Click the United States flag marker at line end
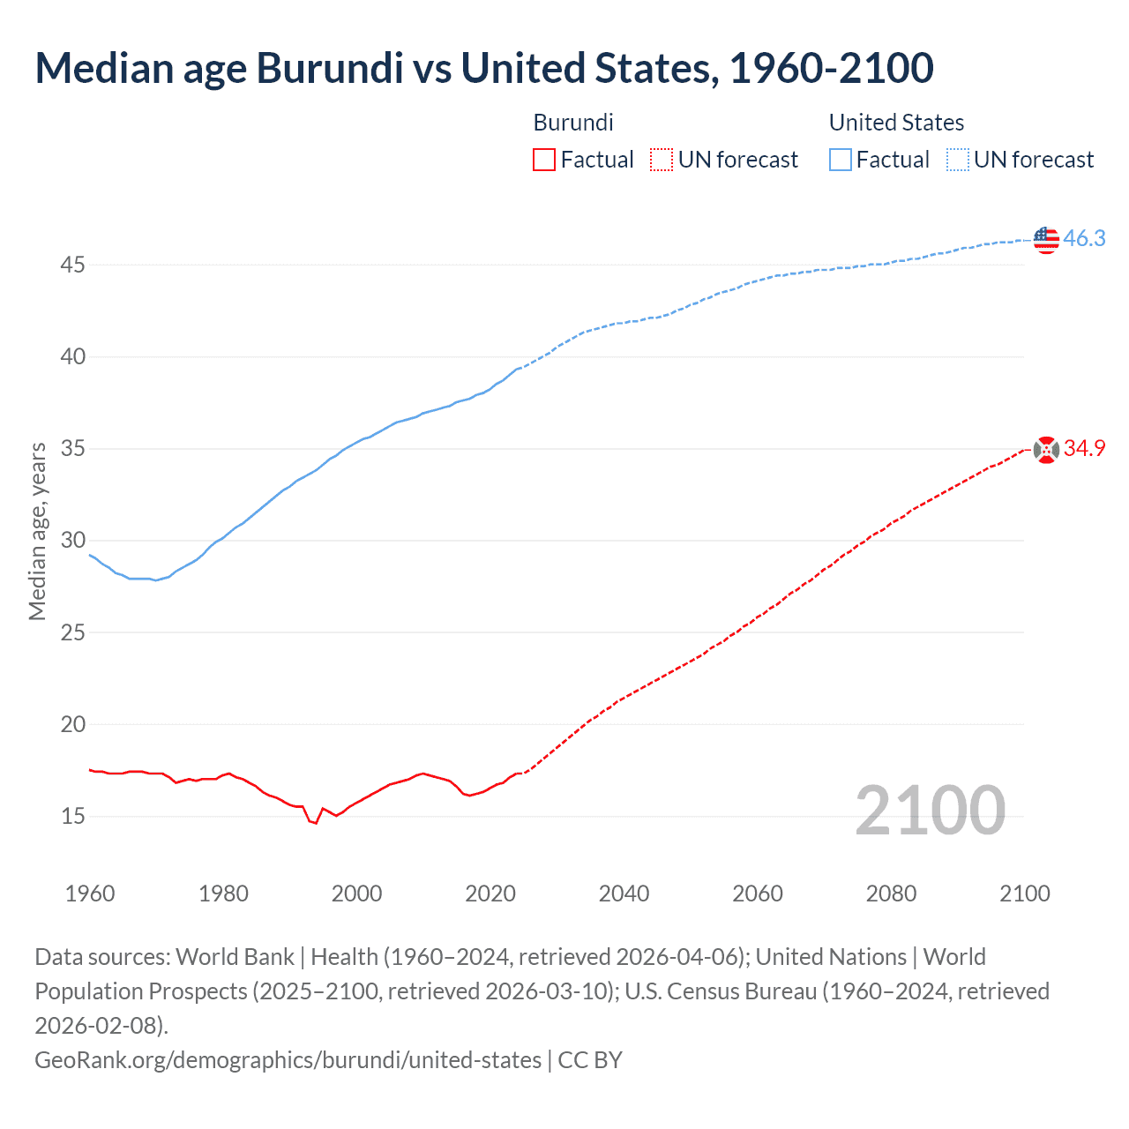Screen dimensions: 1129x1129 click(x=1045, y=239)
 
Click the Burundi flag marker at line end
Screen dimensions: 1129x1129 click(x=1045, y=450)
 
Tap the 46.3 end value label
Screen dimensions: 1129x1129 click(x=1084, y=239)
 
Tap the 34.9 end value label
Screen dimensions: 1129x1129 click(x=1084, y=449)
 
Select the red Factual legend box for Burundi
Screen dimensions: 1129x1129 click(x=544, y=160)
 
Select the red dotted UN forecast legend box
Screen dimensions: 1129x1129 click(x=662, y=160)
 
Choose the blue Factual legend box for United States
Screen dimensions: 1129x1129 click(x=841, y=160)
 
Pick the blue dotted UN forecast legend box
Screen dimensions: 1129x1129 click(x=957, y=160)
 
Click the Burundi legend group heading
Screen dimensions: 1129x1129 click(x=573, y=123)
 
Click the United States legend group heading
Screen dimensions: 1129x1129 click(x=896, y=123)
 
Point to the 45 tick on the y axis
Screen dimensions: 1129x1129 click(x=73, y=265)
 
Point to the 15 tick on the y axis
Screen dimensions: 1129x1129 click(x=73, y=817)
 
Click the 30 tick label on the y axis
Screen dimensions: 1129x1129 click(x=73, y=541)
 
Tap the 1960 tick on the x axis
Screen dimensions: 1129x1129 click(x=90, y=893)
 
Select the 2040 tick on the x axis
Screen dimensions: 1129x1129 click(x=624, y=893)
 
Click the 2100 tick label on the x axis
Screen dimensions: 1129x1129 click(x=1024, y=893)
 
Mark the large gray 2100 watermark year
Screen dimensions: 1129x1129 click(x=930, y=811)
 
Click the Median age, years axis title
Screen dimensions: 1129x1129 click(x=37, y=532)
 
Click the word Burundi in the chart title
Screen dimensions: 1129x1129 click(x=330, y=69)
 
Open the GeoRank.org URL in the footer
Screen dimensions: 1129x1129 click(x=288, y=1059)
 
